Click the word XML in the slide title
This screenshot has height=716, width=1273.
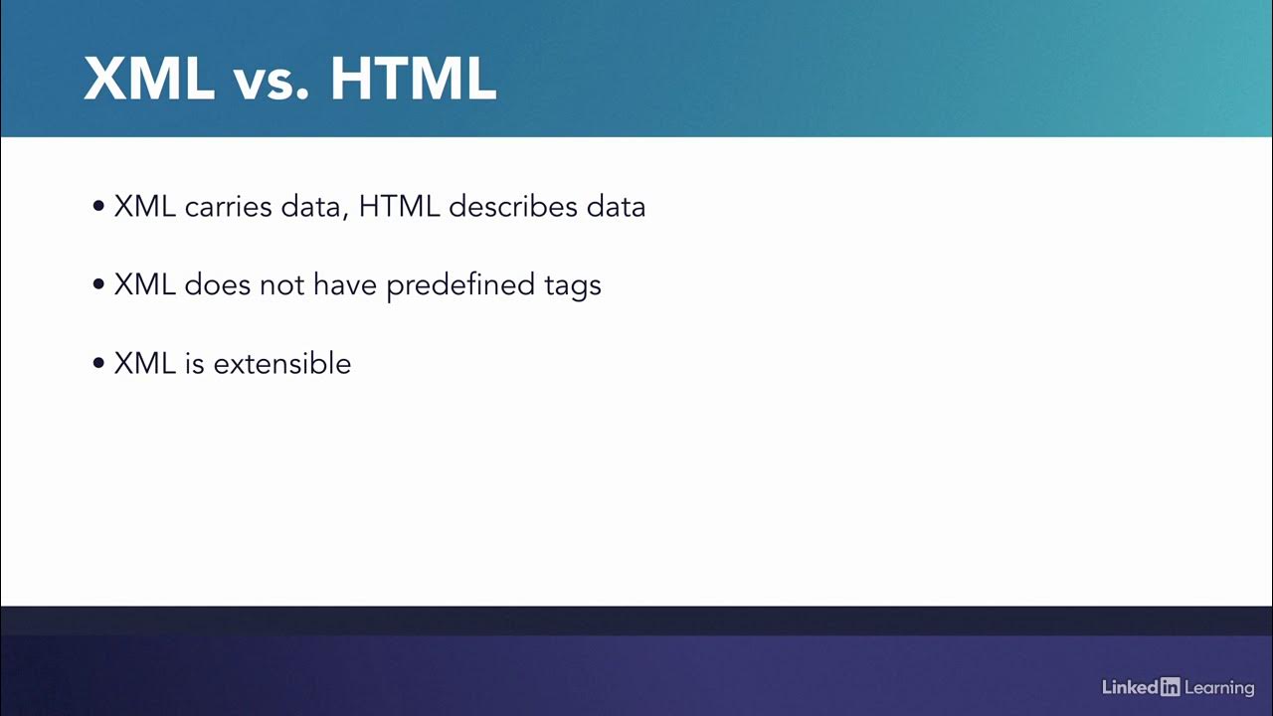[149, 78]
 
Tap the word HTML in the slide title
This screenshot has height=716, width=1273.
[413, 78]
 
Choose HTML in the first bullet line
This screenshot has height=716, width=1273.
[399, 207]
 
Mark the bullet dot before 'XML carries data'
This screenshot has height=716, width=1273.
[98, 208]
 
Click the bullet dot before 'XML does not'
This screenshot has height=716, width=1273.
[98, 285]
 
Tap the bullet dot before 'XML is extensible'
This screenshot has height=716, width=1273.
[98, 364]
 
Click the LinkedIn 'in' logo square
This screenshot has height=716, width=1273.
[1171, 686]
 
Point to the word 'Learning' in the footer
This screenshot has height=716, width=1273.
[1219, 687]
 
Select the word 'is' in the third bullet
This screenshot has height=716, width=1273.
[194, 363]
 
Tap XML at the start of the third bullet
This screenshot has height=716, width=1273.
[145, 363]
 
